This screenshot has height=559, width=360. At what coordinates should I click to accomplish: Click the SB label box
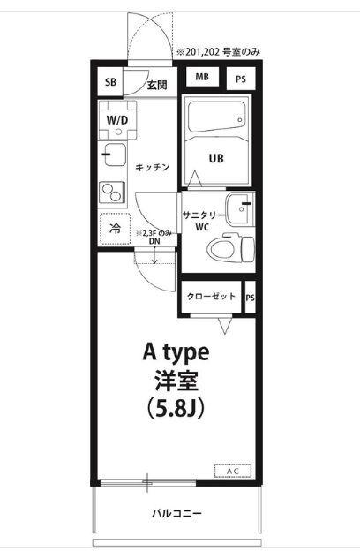tap(110, 83)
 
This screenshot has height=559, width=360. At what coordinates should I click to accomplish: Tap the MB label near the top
tap(202, 78)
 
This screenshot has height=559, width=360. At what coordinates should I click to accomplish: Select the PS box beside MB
tap(240, 79)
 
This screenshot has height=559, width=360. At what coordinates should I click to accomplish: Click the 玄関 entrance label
tap(156, 85)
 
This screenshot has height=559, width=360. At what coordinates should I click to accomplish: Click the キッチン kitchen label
tap(152, 167)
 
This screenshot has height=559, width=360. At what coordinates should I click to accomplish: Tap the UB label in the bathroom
tap(216, 159)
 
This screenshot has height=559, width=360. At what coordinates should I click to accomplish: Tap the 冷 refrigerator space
tap(115, 229)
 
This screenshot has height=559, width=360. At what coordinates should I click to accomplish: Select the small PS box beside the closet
tap(250, 298)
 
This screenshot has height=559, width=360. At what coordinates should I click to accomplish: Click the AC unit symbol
tap(232, 471)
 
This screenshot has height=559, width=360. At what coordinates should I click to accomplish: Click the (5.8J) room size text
tap(176, 409)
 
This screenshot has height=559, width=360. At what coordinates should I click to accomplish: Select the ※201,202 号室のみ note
tap(218, 51)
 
